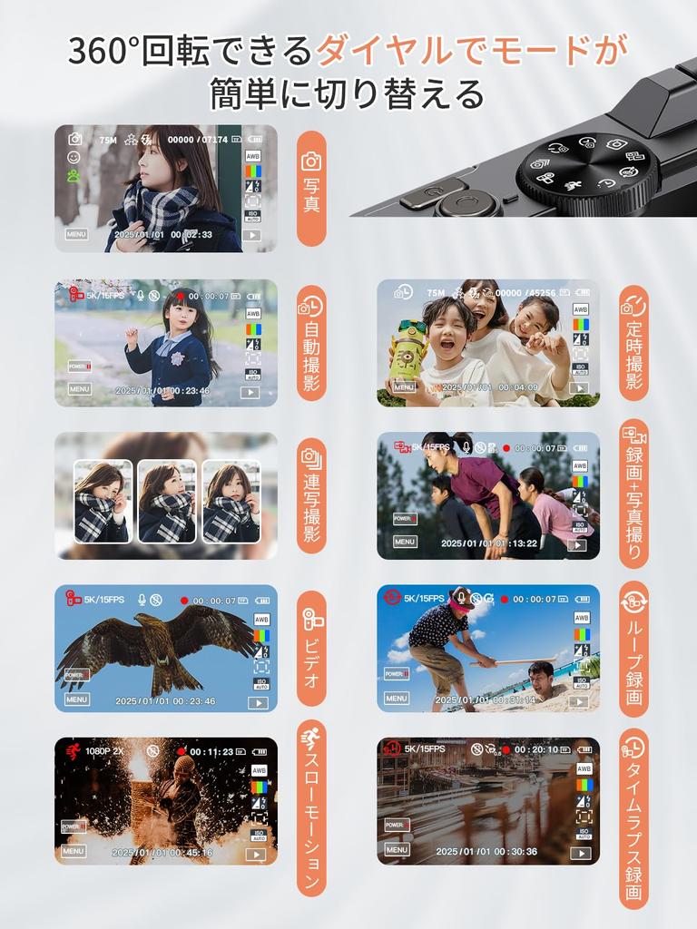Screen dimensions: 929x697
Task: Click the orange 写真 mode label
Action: [311, 189]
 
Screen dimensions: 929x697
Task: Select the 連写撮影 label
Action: [311, 494]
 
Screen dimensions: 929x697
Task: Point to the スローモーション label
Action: [311, 807]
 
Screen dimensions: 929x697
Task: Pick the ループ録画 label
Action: [633, 649]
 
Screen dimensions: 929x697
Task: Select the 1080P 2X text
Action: [104, 751]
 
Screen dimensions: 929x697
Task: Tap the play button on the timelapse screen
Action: [580, 853]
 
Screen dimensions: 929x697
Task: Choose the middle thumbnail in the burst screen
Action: [166, 502]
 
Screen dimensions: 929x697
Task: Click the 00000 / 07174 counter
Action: [198, 140]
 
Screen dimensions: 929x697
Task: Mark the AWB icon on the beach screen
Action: [582, 618]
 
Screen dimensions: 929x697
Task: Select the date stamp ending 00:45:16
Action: [162, 853]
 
